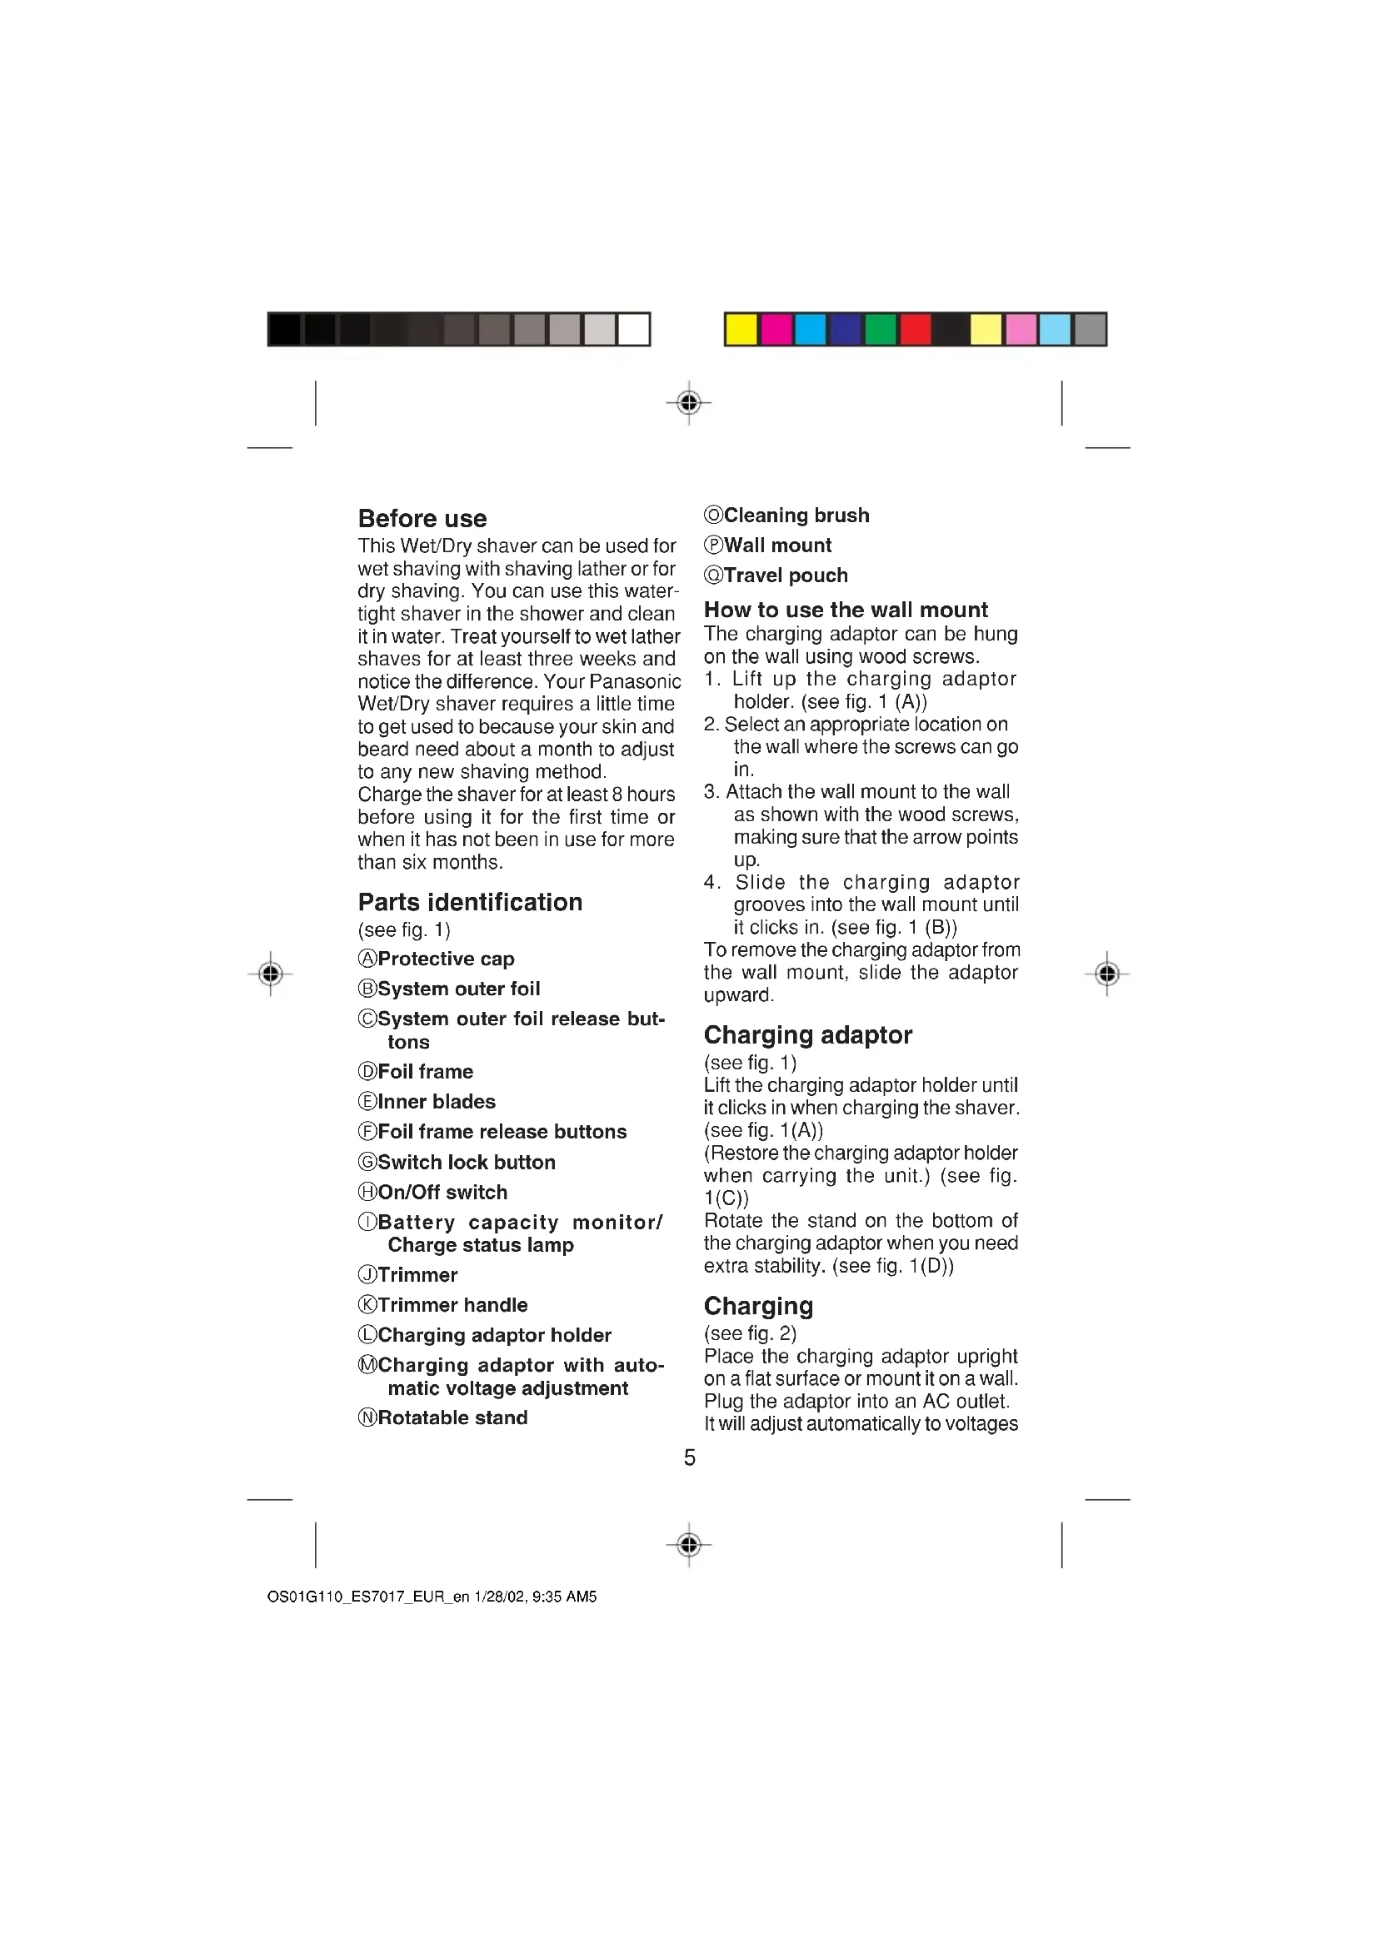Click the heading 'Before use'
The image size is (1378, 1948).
[422, 518]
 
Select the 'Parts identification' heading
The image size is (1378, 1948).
[470, 902]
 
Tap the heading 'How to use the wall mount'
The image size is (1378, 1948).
[845, 609]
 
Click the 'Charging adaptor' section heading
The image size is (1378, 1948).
[807, 1035]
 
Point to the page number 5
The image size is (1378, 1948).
[689, 1457]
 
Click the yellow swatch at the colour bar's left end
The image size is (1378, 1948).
[741, 329]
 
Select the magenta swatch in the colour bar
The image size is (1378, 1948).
[776, 329]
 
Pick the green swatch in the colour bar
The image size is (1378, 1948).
[880, 329]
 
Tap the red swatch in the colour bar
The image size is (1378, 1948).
[915, 329]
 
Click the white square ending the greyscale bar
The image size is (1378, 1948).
[633, 329]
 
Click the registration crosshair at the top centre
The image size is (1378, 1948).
[689, 402]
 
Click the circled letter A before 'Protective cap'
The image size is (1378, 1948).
[367, 959]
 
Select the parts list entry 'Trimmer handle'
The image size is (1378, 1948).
[452, 1305]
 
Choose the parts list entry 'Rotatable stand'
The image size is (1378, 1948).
[452, 1417]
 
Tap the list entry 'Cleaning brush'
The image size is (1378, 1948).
[796, 515]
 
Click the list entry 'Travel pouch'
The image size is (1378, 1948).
[785, 575]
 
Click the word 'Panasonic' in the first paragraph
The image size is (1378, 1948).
[635, 681]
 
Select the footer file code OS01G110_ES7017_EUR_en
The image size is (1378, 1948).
[368, 1597]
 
